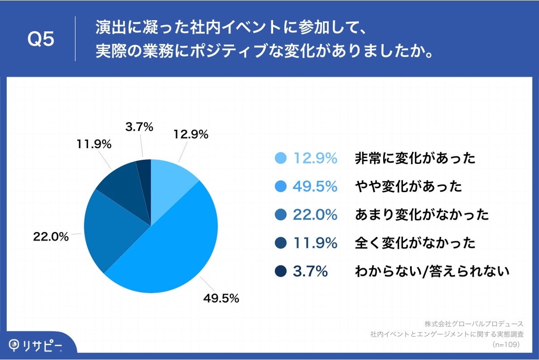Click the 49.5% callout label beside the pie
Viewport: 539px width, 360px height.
click(x=221, y=298)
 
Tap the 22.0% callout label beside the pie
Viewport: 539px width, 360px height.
click(x=51, y=237)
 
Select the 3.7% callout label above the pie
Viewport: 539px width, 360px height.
click(x=139, y=127)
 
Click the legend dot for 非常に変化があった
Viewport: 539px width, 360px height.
click(x=281, y=158)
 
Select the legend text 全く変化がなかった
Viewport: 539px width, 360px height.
click(x=415, y=243)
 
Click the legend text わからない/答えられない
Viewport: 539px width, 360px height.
click(x=432, y=271)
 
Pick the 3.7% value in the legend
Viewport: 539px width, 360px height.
click(x=310, y=271)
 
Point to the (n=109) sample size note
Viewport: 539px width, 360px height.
click(x=505, y=345)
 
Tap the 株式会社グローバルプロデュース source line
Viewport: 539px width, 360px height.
click(x=474, y=323)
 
